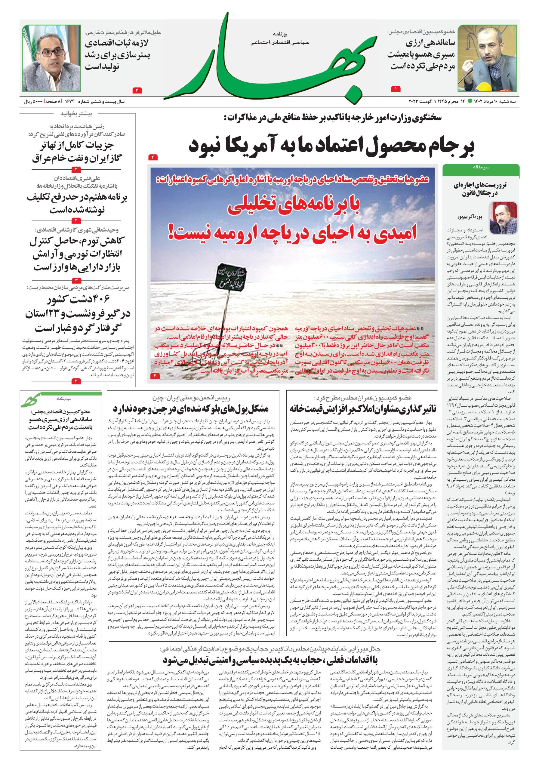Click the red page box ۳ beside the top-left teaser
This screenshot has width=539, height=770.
tap(138, 90)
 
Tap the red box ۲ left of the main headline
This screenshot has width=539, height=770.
tap(152, 157)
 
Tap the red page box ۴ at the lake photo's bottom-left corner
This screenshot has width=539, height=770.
tap(156, 375)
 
